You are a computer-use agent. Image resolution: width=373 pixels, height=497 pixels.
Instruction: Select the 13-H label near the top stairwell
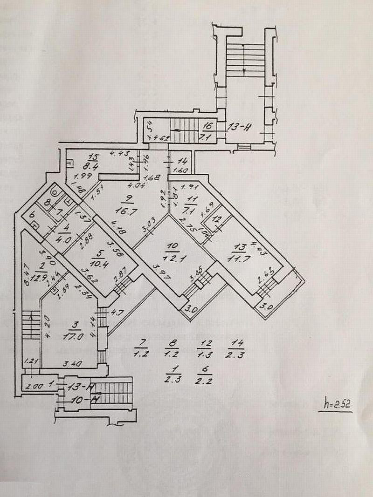pos(239,127)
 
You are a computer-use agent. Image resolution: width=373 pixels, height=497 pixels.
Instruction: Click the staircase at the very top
pos(244,59)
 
